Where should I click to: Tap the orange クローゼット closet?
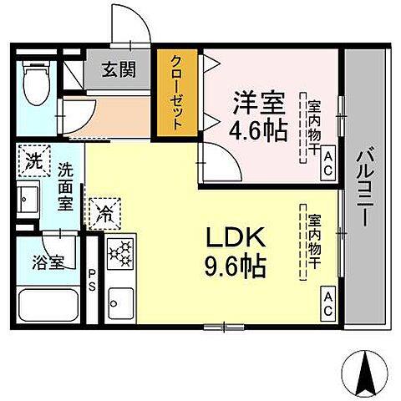176,92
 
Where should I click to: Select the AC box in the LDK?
327,302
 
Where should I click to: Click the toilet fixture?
37,84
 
